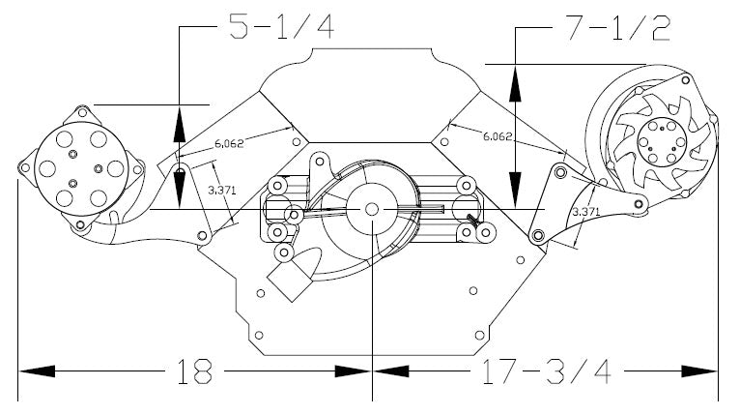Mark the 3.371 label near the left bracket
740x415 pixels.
tap(219, 192)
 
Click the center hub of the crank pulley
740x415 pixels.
tap(371, 209)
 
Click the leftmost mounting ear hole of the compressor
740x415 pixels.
tap(24, 170)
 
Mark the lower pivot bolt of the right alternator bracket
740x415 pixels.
tap(537, 235)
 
